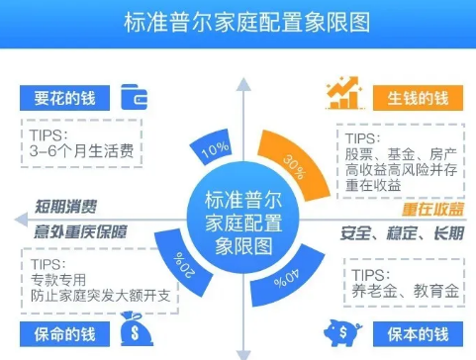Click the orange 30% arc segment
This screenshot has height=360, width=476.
295,163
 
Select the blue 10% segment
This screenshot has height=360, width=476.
212,147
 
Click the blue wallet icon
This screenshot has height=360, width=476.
134,97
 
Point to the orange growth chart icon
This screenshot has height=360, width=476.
344,93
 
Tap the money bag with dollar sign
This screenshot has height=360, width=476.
135,329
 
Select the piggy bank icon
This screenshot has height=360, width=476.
342,332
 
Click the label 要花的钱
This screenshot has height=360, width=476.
64,98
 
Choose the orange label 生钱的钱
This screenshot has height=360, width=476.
418,98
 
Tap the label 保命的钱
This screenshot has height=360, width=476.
64,334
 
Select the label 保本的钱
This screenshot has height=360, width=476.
418,334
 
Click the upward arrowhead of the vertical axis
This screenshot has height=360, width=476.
243,84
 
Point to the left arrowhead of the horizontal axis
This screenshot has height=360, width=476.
21,220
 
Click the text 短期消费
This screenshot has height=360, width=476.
65,207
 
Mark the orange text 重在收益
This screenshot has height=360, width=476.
432,209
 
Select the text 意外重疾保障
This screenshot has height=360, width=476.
80,231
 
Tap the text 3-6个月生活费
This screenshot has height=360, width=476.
81,151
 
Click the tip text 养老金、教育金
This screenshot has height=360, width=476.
405,291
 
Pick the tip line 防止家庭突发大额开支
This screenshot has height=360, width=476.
100,296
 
